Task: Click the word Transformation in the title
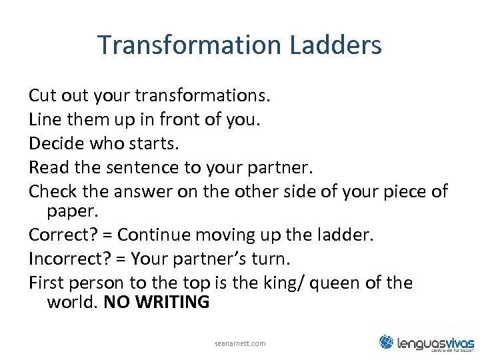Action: click(191, 45)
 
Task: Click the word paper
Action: click(72, 211)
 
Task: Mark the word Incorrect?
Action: click(67, 259)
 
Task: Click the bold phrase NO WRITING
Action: click(157, 303)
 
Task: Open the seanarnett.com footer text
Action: click(240, 343)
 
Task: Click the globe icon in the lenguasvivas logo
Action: click(387, 342)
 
